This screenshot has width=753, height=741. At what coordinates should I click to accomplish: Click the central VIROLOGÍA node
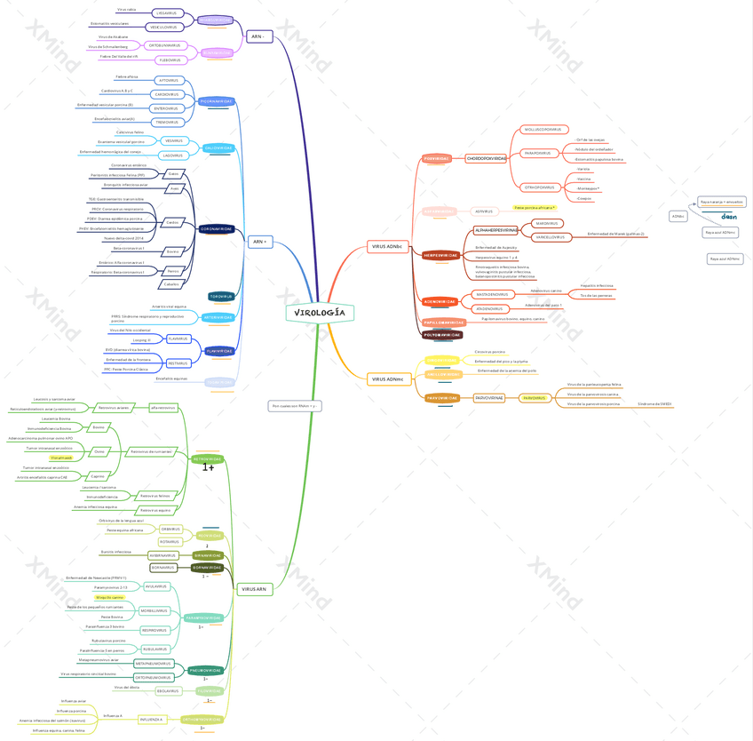(319, 313)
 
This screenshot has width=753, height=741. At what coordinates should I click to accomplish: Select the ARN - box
(258, 36)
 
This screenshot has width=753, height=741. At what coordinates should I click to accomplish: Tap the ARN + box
(259, 242)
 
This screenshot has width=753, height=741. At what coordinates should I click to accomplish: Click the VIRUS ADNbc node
(387, 246)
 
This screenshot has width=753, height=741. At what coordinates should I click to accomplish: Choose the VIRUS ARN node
(254, 589)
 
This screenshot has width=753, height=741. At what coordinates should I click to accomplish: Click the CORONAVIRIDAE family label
(216, 228)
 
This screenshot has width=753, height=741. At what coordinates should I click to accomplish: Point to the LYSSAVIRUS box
(165, 13)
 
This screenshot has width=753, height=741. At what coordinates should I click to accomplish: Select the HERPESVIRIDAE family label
(440, 255)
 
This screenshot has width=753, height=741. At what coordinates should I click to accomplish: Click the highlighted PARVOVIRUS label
(535, 398)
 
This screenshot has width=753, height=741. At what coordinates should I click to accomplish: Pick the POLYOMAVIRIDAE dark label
(442, 335)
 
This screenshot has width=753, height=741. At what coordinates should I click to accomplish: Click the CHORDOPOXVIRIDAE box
(486, 158)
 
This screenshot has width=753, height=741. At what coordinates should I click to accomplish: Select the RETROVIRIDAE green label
(207, 459)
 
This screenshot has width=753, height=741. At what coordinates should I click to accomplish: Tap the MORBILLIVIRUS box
(154, 610)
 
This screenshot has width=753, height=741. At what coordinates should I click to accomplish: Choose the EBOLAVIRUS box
(168, 690)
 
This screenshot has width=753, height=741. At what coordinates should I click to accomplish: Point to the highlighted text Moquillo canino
(109, 597)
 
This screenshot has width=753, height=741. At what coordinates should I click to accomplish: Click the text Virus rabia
(126, 9)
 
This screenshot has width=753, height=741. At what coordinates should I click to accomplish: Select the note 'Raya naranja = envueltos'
(722, 202)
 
